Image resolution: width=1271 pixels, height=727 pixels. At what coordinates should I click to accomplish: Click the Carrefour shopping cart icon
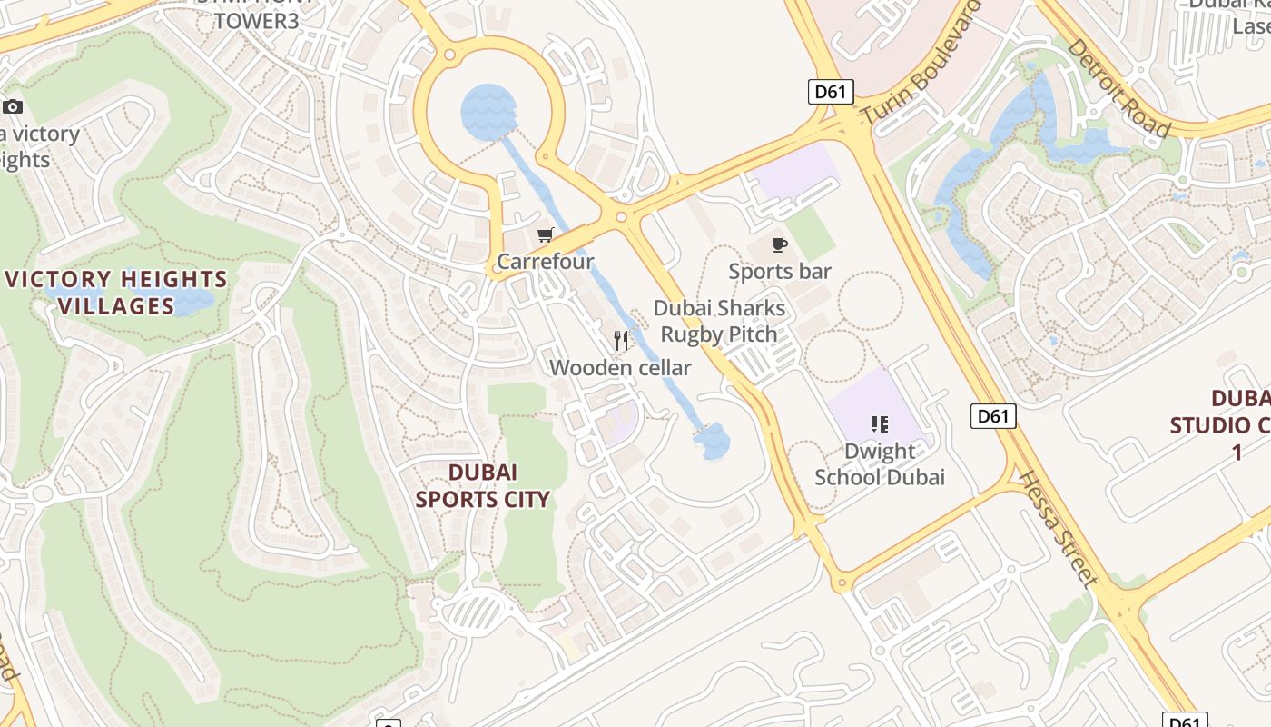(x=545, y=235)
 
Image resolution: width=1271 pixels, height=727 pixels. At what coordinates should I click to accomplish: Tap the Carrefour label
(x=545, y=262)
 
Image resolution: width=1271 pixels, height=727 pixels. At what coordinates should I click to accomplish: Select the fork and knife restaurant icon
(x=621, y=341)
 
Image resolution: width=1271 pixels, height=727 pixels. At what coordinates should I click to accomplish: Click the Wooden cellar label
(x=620, y=368)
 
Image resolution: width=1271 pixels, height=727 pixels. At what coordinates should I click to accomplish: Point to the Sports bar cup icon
(x=779, y=244)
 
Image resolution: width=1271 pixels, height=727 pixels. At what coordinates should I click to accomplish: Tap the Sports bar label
(x=780, y=271)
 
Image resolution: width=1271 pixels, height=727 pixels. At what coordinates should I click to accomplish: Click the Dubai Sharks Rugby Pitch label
(x=719, y=322)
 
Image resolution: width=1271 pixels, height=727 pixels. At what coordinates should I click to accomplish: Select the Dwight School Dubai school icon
(x=879, y=423)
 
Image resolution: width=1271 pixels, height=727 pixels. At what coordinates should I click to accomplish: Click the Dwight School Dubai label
(x=879, y=463)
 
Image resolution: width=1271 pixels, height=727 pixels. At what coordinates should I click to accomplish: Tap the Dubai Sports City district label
(x=483, y=485)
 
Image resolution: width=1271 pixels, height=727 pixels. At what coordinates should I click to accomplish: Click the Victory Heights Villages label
(x=116, y=292)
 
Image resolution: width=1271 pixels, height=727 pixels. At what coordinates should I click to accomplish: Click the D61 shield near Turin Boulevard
(x=832, y=91)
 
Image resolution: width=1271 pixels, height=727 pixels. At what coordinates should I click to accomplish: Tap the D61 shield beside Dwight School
(x=992, y=416)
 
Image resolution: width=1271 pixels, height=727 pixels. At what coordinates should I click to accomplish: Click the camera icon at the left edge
(x=13, y=107)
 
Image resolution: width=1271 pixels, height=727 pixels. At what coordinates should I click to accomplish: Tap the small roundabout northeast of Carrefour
(x=621, y=217)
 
